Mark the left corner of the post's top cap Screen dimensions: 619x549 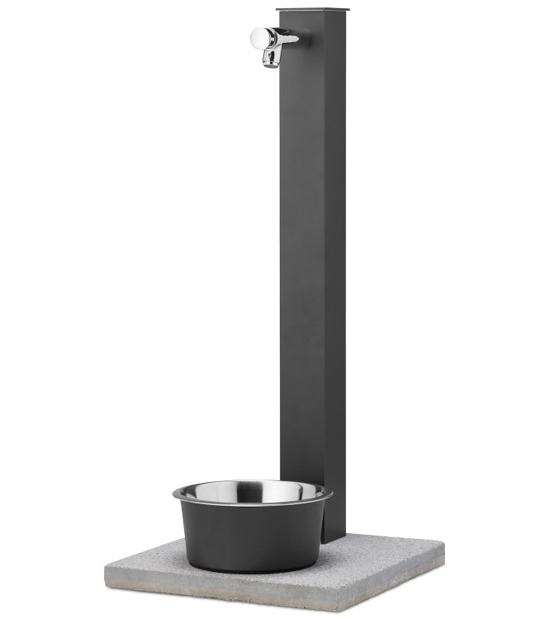click(x=277, y=12)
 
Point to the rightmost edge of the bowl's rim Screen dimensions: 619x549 click(x=332, y=495)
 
